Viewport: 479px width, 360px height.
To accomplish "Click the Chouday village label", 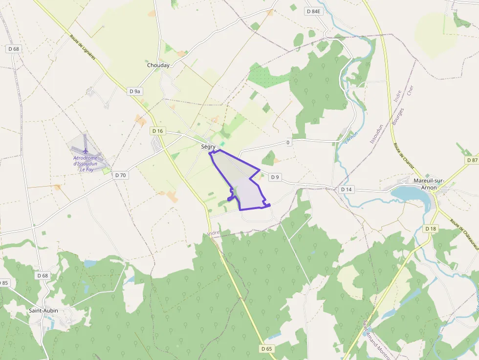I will point(158,65).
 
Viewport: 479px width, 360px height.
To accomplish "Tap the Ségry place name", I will point(208,147).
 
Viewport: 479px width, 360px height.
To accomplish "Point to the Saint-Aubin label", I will point(44,310).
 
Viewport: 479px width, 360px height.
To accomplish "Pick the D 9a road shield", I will point(135,91).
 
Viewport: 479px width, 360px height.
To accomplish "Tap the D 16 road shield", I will point(157,131).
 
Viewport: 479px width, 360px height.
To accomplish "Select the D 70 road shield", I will point(120,175).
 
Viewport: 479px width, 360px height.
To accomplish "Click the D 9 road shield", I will point(275,177).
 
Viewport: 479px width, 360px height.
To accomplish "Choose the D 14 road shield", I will point(346,189).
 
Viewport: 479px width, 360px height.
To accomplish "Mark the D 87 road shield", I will point(472,160).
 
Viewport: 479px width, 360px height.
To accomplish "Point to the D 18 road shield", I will point(430,229).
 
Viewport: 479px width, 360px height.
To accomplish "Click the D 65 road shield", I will point(266,349).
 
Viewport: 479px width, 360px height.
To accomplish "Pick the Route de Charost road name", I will point(403,156).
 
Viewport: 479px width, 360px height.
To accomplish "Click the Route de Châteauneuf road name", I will point(464,232).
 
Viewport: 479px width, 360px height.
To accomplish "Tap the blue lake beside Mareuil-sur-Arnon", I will point(409,194).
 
